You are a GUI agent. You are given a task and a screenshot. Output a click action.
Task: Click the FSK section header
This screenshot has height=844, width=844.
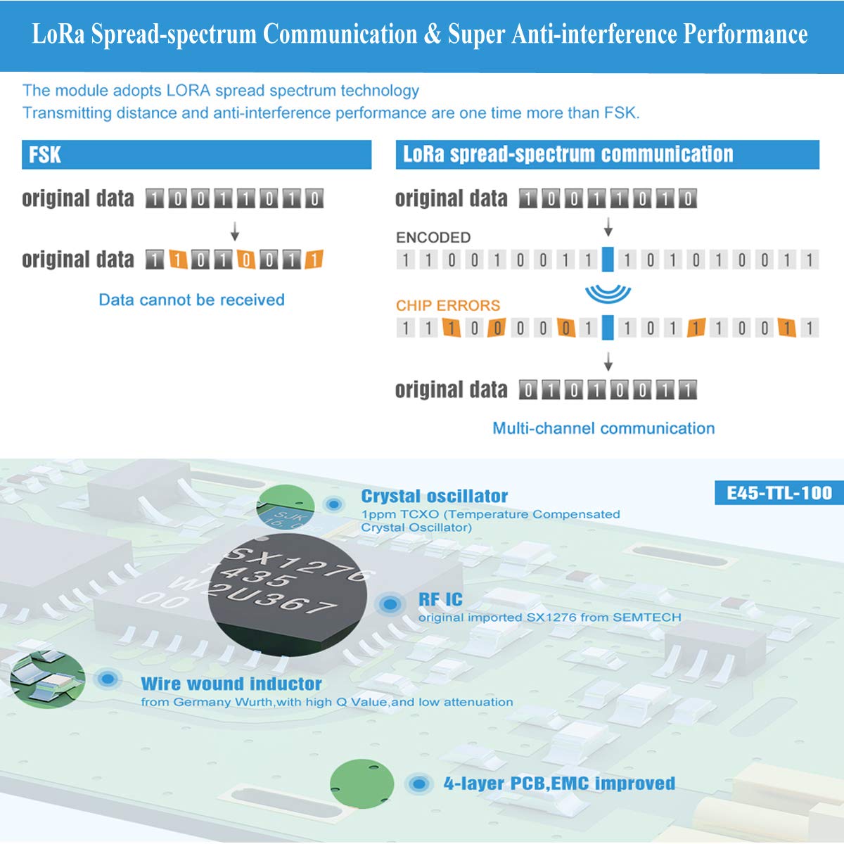(45, 155)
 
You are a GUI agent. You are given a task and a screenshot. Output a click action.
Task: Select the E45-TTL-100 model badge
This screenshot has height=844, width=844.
(779, 493)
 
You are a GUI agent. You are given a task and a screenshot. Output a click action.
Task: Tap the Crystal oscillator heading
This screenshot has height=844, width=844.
(434, 496)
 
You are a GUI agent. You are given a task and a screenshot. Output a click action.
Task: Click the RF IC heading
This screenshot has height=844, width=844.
(440, 599)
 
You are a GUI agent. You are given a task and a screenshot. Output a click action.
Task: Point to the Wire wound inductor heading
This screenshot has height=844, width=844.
(231, 684)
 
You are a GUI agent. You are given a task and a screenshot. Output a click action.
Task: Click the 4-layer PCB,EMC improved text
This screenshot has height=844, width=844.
(559, 784)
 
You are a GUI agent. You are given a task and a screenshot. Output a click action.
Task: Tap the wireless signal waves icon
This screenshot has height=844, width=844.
(608, 292)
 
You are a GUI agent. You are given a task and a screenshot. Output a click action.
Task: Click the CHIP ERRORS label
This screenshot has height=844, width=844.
(448, 305)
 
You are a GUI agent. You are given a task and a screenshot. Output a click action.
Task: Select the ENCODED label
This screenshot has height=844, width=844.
(433, 238)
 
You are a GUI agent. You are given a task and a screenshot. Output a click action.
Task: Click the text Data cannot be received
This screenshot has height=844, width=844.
(191, 300)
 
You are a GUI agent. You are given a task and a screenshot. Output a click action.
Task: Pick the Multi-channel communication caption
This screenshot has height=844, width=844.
(603, 428)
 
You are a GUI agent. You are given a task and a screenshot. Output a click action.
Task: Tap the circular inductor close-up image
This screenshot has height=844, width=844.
(48, 679)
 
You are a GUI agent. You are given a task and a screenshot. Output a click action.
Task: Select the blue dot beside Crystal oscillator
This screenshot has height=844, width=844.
(333, 504)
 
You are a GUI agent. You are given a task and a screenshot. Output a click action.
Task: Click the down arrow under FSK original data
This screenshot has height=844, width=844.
(235, 231)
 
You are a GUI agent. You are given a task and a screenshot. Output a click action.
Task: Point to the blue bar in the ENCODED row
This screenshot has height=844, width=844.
(608, 260)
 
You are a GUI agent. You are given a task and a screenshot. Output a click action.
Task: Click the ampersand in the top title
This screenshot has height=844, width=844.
(432, 34)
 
